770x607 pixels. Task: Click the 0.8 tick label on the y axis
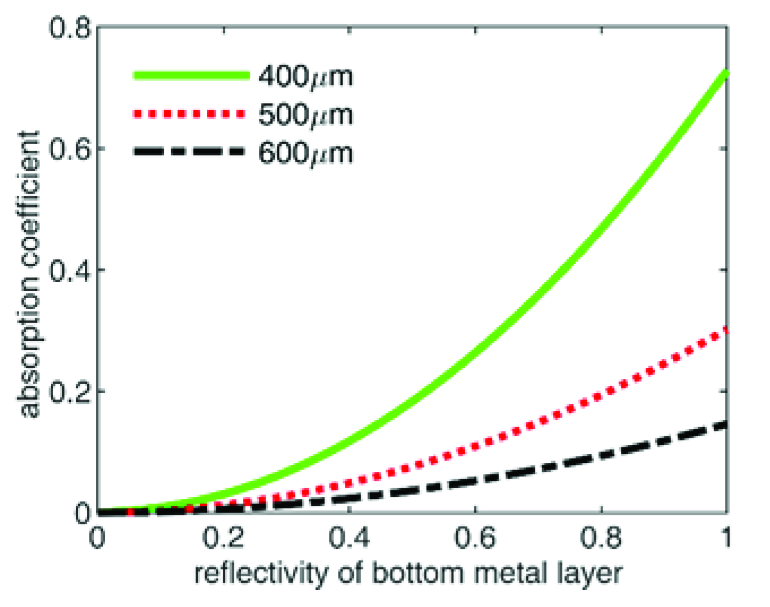coord(70,28)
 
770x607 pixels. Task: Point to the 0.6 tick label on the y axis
coord(70,149)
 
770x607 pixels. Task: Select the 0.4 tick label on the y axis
coord(70,270)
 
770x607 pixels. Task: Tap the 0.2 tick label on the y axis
coord(70,391)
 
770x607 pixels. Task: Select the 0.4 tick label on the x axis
coord(349,537)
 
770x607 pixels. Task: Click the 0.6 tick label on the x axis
coord(475,537)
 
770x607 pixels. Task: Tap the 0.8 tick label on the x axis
coord(601,537)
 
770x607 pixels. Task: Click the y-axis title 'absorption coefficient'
coord(29,275)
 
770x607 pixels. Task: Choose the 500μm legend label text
coord(305,115)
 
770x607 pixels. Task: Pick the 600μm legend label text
coord(305,153)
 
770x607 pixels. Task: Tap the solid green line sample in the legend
coord(191,75)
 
